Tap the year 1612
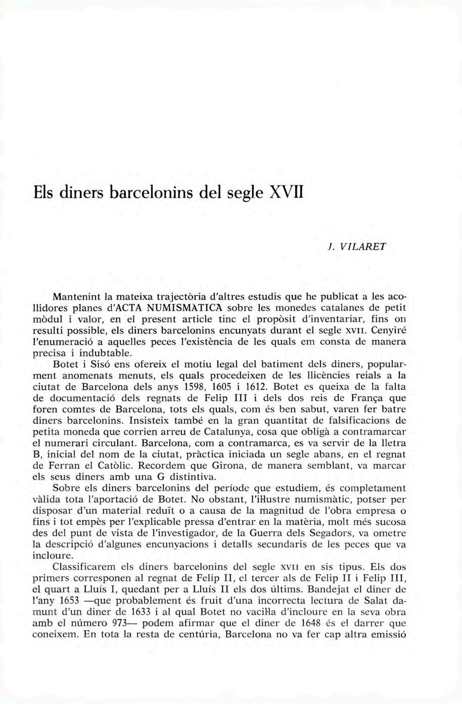(x=264, y=388)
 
